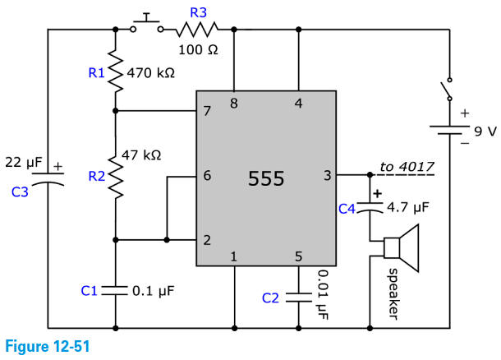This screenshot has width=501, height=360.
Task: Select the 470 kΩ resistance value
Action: pyautogui.click(x=151, y=73)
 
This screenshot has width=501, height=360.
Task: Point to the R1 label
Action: pyautogui.click(x=96, y=73)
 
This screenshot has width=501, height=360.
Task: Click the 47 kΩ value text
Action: pyautogui.click(x=140, y=154)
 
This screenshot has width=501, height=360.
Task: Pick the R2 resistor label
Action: pyautogui.click(x=96, y=175)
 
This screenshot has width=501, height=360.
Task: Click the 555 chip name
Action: pyautogui.click(x=266, y=179)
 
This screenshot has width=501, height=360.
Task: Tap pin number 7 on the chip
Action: pyautogui.click(x=206, y=112)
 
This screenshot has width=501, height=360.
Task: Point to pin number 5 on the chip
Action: pyautogui.click(x=298, y=256)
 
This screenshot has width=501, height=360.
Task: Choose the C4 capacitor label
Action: pyautogui.click(x=347, y=209)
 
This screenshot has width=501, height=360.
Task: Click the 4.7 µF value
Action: pyautogui.click(x=408, y=208)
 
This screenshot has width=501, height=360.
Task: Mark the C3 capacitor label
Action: pyautogui.click(x=21, y=192)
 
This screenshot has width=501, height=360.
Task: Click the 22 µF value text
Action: pyautogui.click(x=23, y=163)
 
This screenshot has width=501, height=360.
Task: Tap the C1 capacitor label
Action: pyautogui.click(x=90, y=290)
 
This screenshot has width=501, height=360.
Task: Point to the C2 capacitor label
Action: pyautogui.click(x=270, y=298)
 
